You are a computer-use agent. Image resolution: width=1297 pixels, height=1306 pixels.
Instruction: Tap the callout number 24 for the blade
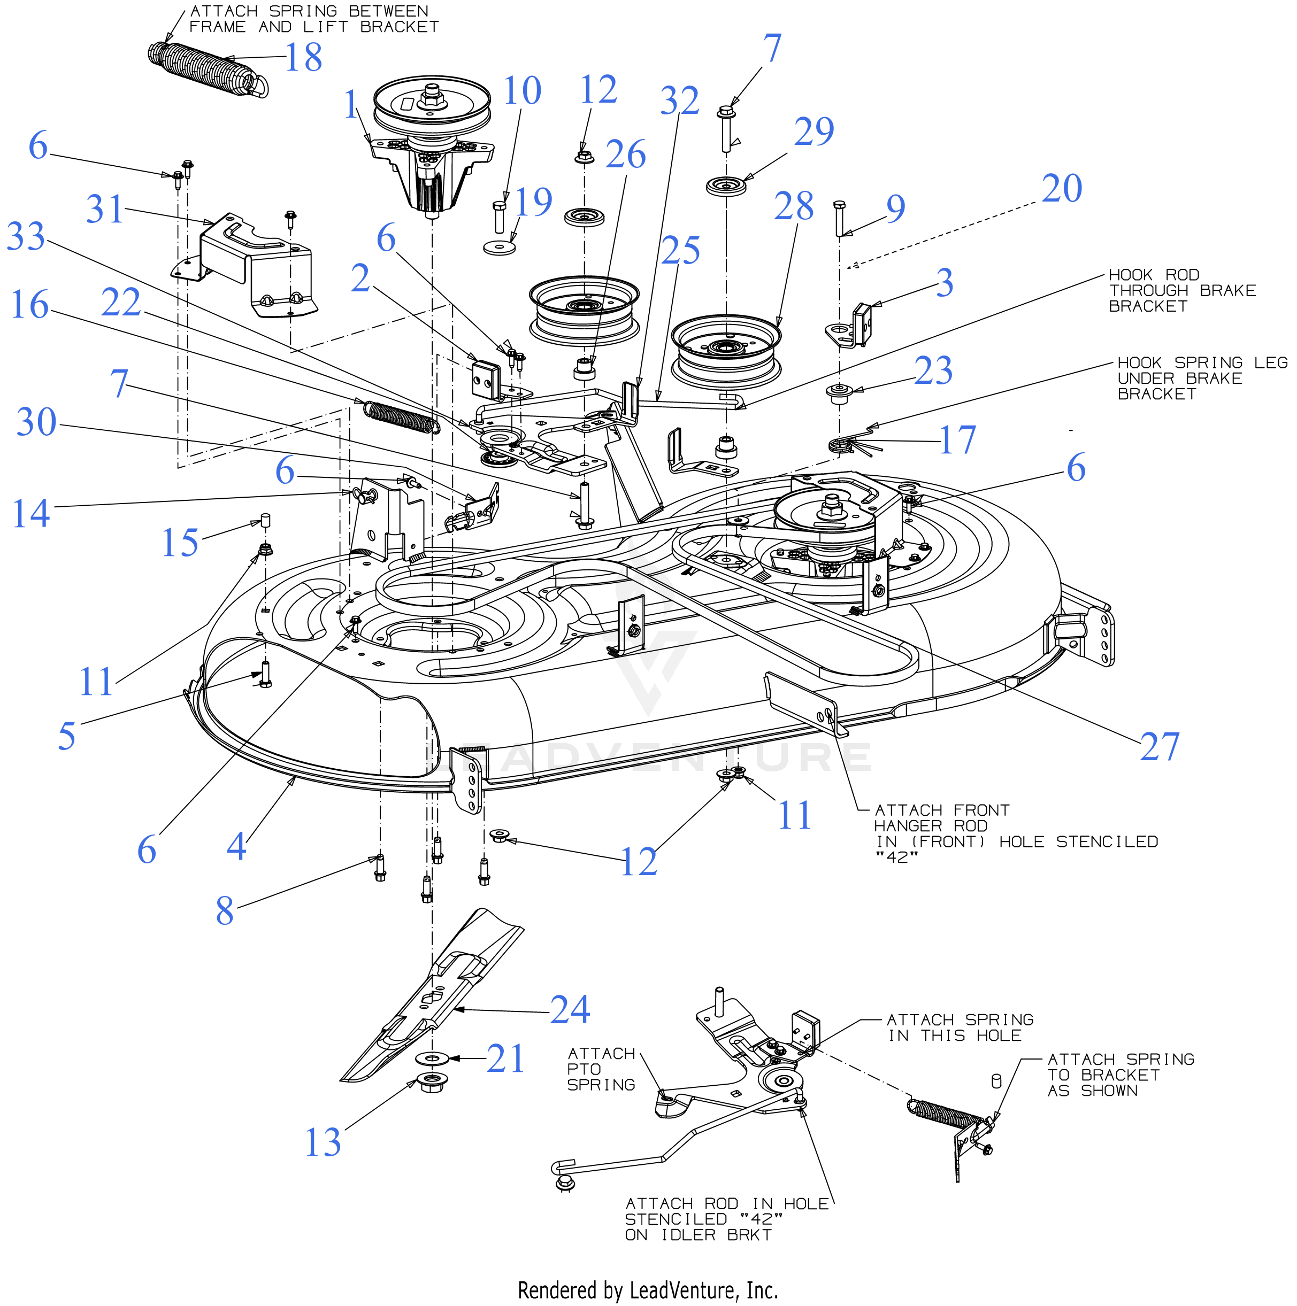(570, 1010)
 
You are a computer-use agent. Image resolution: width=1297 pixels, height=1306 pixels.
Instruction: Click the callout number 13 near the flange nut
(323, 1142)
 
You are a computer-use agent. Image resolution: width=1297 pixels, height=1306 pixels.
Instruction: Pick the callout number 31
(104, 209)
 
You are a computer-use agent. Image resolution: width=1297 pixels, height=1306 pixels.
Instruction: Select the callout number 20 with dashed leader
(1062, 188)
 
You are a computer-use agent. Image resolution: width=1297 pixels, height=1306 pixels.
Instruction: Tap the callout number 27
(1160, 746)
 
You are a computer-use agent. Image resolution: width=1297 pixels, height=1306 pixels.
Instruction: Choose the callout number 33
(26, 237)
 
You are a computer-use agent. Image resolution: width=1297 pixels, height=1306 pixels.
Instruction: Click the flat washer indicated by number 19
(500, 248)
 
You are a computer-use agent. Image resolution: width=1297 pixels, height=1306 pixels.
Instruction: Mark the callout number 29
(814, 130)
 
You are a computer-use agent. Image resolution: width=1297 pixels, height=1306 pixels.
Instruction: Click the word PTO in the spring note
(584, 1069)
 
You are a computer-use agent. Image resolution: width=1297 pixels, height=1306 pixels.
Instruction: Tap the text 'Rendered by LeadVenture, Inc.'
(648, 1290)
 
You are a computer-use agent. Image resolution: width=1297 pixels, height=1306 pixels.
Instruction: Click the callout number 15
(180, 542)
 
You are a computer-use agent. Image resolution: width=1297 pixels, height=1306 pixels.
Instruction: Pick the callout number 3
(945, 283)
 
